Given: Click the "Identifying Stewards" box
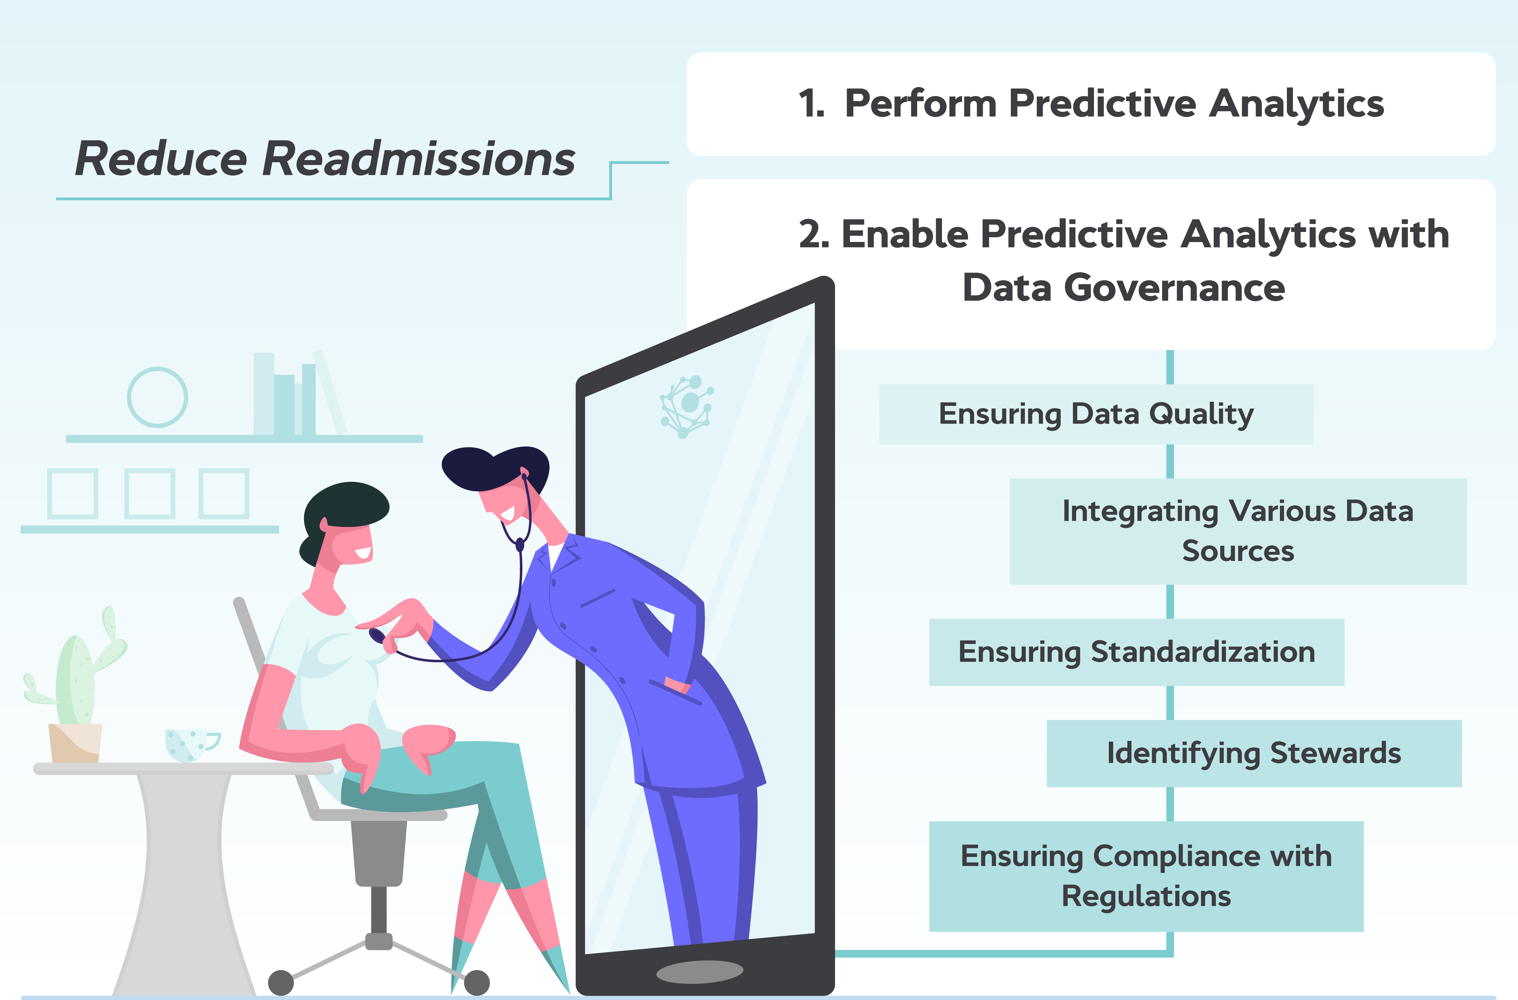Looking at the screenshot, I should pyautogui.click(x=1253, y=753).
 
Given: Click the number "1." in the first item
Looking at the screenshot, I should pyautogui.click(x=811, y=104).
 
